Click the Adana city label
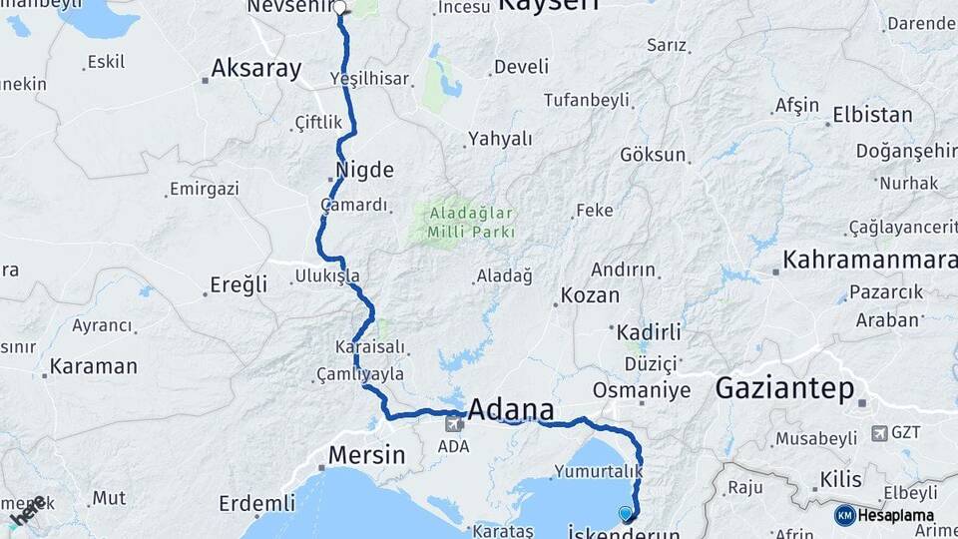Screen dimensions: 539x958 point(510,409)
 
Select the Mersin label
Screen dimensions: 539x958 point(367,456)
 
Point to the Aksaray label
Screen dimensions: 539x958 point(255,69)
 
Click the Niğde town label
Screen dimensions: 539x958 point(365,169)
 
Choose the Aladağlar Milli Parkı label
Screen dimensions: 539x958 point(472,222)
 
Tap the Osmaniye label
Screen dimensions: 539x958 point(642,388)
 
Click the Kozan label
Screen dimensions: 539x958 point(590,295)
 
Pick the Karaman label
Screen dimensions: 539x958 point(93,365)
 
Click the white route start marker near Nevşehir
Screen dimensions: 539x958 point(339,8)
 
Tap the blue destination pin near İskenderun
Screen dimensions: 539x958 point(626,513)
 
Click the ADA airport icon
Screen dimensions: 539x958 point(453,423)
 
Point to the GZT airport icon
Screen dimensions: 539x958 point(879,433)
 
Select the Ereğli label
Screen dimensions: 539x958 point(239,284)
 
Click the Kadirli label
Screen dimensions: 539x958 point(649,331)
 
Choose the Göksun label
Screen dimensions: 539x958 point(654,155)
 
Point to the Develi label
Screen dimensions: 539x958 point(521,67)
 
